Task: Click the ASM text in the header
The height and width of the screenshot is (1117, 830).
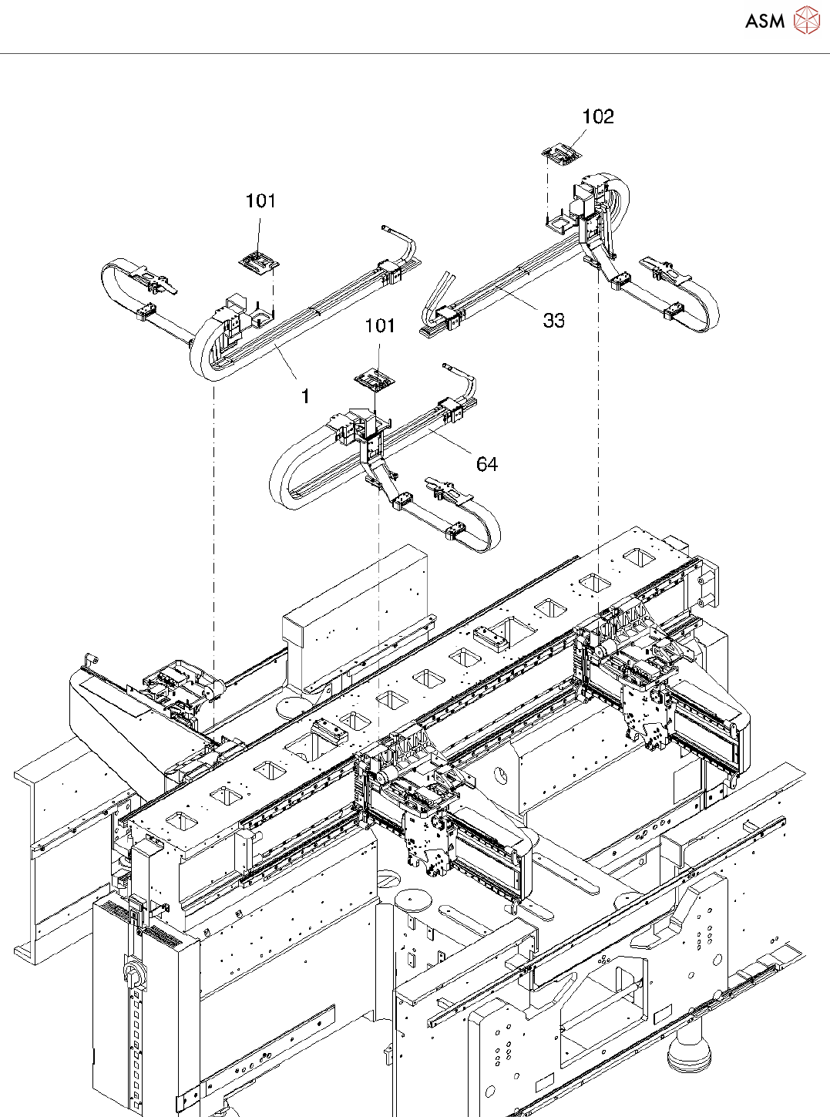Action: (764, 22)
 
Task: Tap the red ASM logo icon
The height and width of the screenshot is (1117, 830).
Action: (806, 20)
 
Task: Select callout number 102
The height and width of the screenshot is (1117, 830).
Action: (598, 117)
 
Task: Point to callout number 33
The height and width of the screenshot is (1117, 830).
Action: (553, 320)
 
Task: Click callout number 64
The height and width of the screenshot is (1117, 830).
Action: (487, 464)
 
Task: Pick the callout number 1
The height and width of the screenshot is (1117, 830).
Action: (305, 397)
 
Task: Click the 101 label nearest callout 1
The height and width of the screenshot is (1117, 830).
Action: (260, 201)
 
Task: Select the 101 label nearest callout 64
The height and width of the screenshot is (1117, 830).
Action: (380, 326)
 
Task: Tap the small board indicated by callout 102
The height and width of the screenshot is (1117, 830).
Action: (562, 155)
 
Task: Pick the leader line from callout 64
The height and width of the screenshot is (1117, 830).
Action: (451, 443)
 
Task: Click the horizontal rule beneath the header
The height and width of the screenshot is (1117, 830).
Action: (415, 53)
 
